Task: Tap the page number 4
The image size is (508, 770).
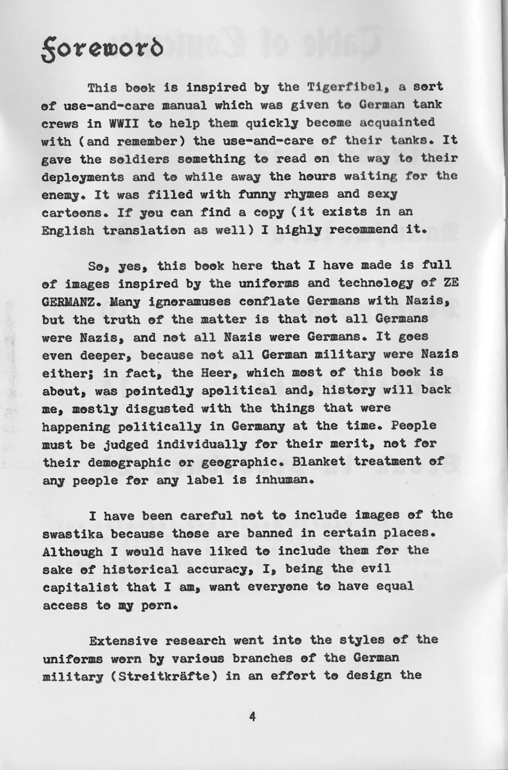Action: tap(252, 717)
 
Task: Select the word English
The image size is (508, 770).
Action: tap(68, 231)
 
